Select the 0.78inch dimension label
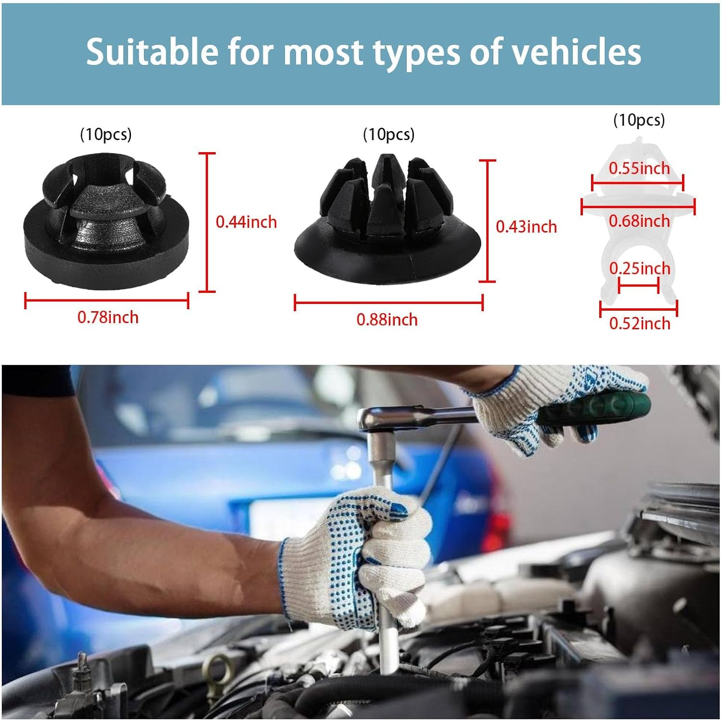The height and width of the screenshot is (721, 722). click(108, 317)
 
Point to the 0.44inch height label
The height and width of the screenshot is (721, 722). click(246, 222)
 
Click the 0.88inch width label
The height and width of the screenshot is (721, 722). click(387, 320)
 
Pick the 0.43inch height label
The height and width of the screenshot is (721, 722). click(526, 227)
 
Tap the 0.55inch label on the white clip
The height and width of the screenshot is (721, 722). click(639, 168)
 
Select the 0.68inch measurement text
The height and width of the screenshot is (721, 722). click(639, 221)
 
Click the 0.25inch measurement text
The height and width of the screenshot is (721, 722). click(639, 268)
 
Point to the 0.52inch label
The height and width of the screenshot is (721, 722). click(639, 323)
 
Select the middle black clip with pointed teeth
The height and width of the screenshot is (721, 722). click(387, 222)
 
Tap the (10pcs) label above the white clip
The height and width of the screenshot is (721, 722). click(639, 120)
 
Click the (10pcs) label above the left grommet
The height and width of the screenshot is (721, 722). click(105, 134)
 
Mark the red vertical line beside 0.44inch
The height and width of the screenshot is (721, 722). click(207, 222)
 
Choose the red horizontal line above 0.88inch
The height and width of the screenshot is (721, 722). click(388, 302)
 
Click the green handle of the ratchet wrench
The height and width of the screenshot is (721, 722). click(597, 409)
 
